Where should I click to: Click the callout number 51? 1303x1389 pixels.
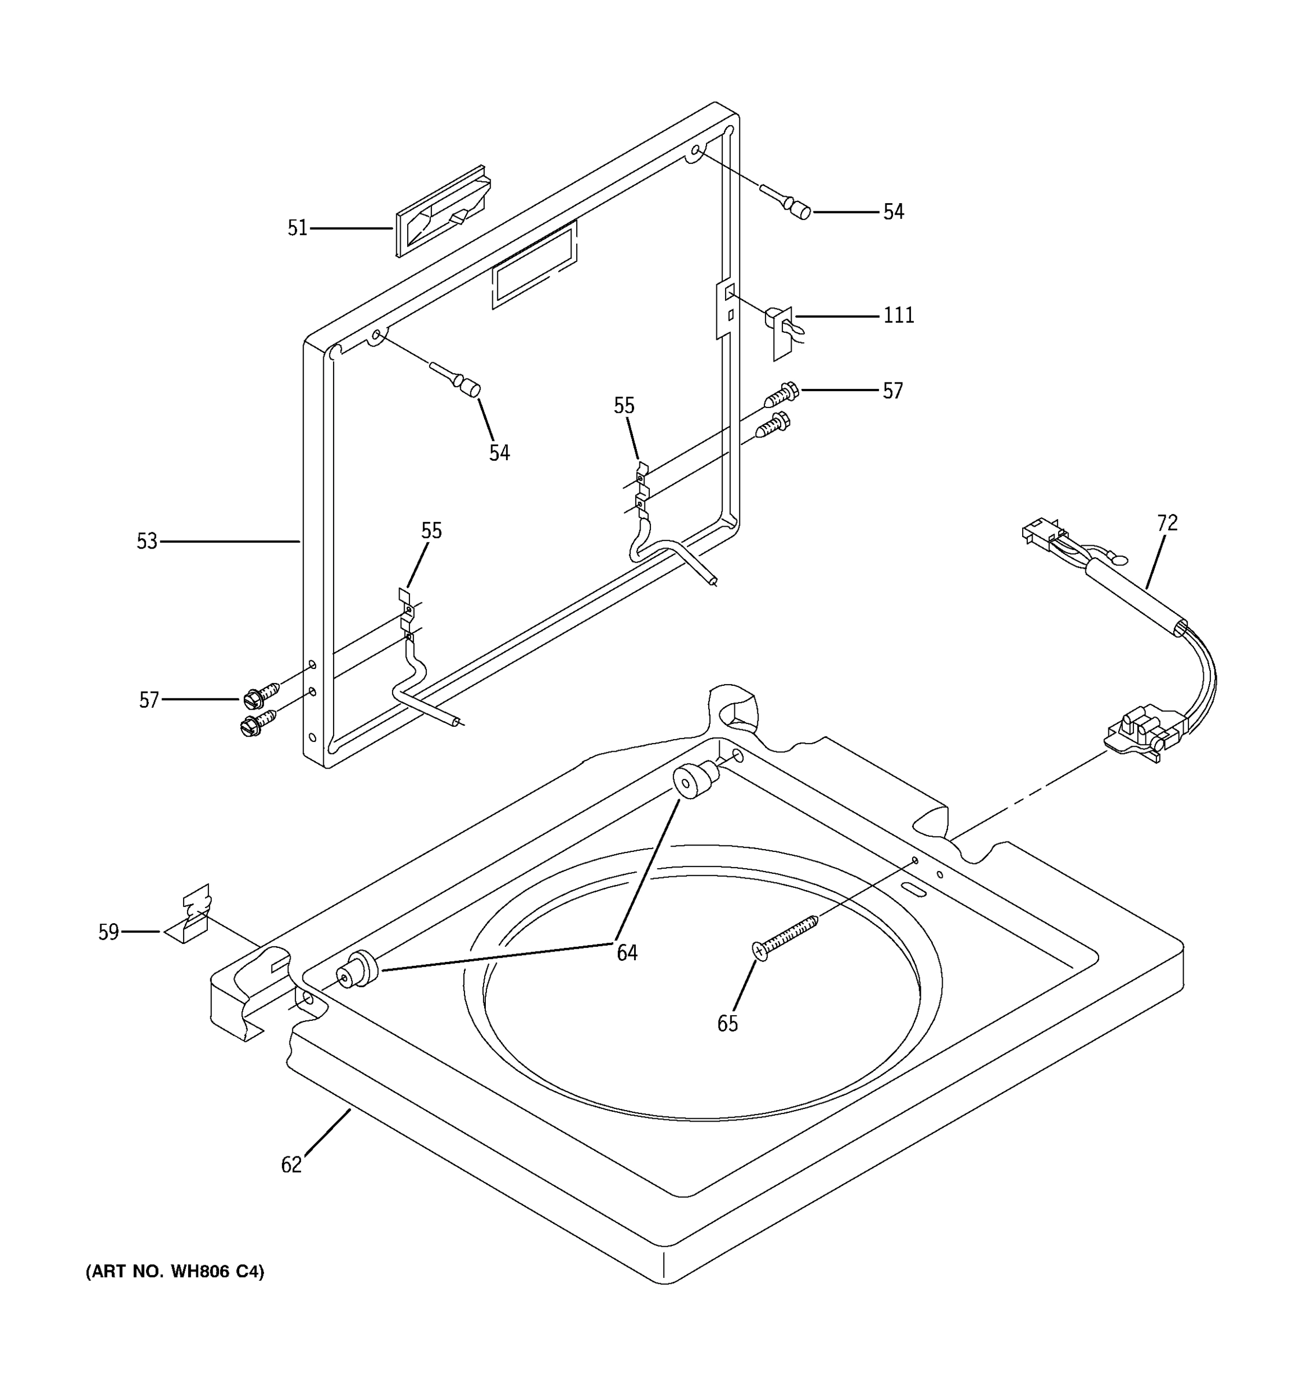pos(297,229)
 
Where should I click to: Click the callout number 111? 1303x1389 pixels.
pos(898,316)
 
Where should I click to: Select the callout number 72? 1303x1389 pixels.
pos(1167,523)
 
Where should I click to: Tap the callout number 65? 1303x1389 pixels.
pos(727,1024)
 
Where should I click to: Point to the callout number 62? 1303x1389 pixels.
pos(291,1164)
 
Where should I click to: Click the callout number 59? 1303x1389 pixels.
pos(108,932)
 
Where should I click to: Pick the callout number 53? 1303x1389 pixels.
pos(147,542)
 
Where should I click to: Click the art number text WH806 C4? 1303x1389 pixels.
pos(175,1272)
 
